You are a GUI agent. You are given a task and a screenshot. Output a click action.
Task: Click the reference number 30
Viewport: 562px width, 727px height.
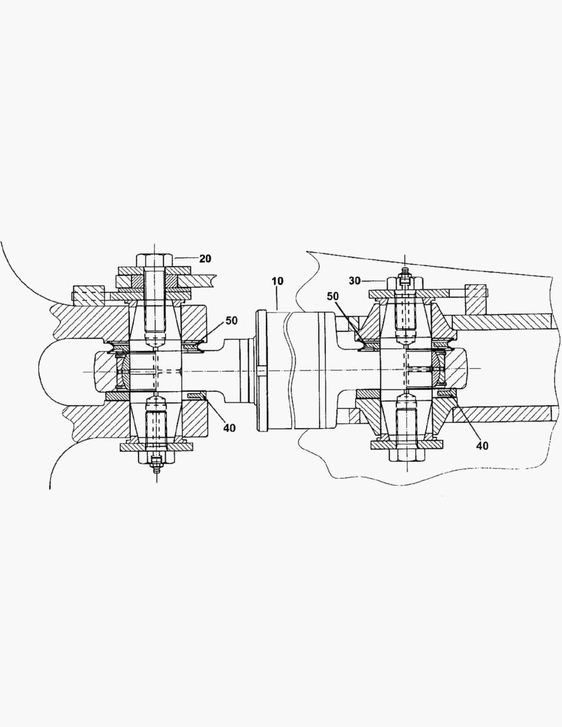[x=355, y=280]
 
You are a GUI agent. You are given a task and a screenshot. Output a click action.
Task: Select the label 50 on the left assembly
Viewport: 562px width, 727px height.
[x=231, y=320]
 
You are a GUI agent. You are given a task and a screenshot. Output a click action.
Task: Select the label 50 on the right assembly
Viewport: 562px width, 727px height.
[x=333, y=296]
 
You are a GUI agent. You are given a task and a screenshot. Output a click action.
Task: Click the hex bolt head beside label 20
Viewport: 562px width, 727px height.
[x=154, y=259]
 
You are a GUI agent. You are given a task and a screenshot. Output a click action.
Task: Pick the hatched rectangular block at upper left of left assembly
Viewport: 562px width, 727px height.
[x=87, y=293]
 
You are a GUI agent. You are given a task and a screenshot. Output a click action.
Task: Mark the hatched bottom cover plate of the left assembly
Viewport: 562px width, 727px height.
[x=155, y=447]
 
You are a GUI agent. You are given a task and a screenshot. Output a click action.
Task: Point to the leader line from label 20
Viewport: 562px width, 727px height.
[x=184, y=258]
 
